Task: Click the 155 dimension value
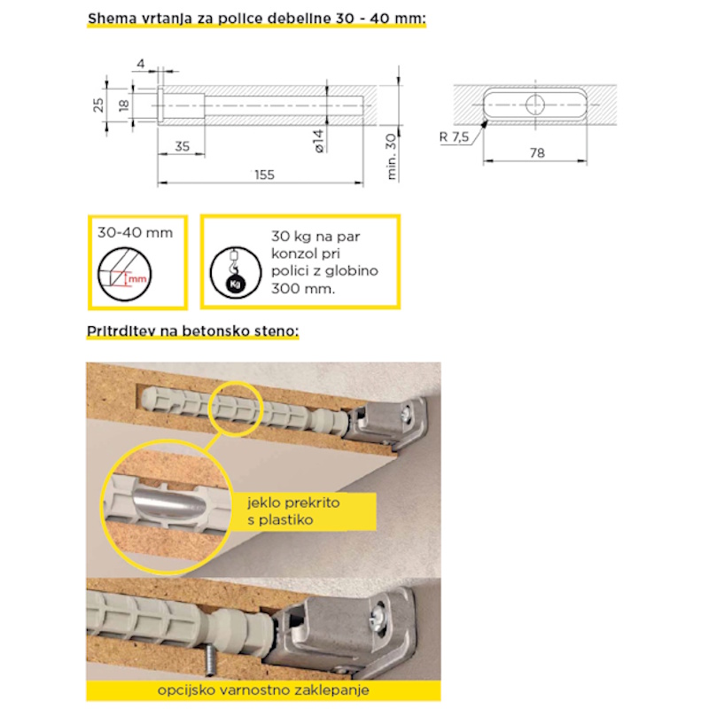point(264,175)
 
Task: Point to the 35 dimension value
point(183,146)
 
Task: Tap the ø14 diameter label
point(319,141)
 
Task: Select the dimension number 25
point(98,105)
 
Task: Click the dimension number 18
point(123,105)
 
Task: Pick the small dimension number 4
point(141,64)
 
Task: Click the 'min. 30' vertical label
point(391,157)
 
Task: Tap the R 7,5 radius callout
point(454,136)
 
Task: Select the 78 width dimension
point(537,152)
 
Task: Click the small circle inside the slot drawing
point(535,105)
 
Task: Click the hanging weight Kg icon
point(236,273)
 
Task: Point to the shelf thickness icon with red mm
point(125,274)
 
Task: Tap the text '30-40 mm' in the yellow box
point(136,232)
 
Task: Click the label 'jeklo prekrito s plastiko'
point(293,511)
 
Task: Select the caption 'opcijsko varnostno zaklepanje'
point(263,690)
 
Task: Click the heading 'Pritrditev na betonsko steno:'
point(192,331)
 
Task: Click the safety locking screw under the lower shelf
point(210,660)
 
